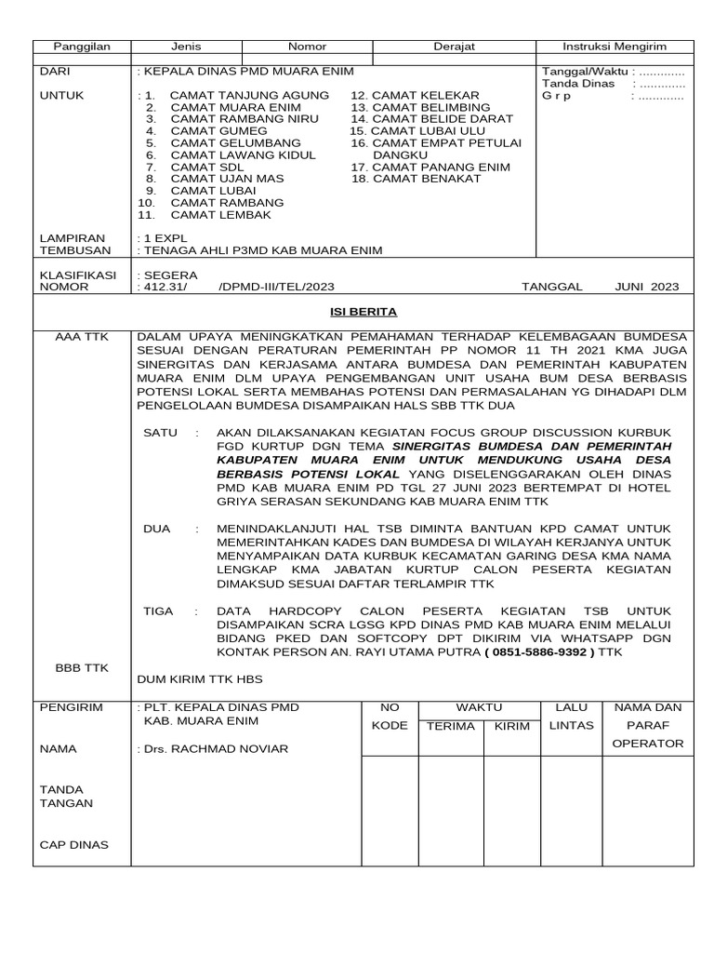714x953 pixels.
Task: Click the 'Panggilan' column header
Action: point(81,47)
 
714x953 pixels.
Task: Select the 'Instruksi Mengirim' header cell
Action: point(615,47)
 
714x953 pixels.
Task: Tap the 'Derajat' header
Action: point(454,47)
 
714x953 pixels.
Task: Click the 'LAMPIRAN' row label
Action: point(72,238)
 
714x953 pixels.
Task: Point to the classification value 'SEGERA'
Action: point(162,275)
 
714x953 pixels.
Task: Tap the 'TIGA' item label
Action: point(158,611)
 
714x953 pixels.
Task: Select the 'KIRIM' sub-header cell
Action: point(511,726)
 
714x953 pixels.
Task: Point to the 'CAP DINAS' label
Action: point(73,845)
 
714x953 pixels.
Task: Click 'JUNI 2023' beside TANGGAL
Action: point(647,287)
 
